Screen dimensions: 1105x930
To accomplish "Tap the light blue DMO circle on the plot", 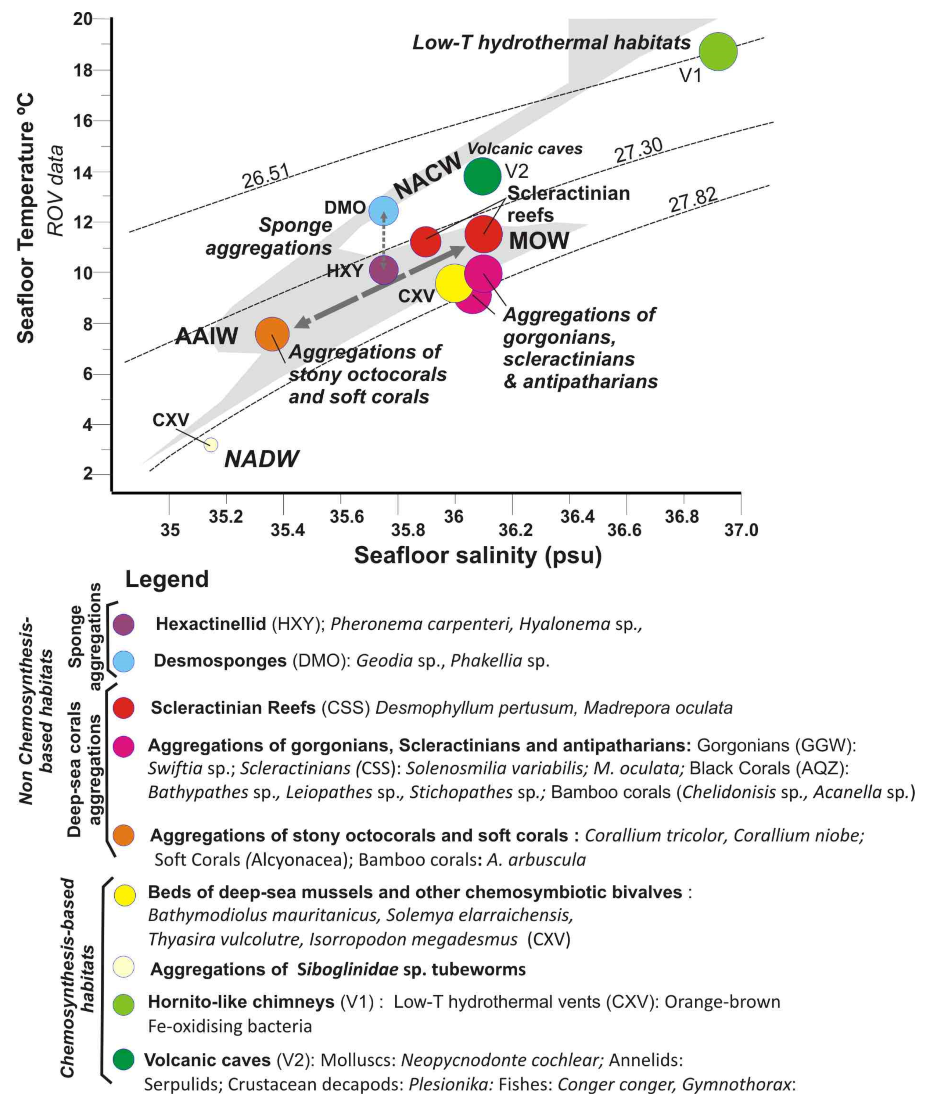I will pos(383,211).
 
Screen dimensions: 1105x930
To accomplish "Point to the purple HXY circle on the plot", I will pos(383,271).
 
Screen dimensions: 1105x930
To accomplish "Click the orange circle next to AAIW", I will pos(272,334).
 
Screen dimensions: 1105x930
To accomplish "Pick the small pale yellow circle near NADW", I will pos(211,445).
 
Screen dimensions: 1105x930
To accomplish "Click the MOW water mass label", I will pos(539,240).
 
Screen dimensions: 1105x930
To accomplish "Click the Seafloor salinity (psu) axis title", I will pos(478,555).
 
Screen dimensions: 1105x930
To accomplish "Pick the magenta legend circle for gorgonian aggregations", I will pos(123,746).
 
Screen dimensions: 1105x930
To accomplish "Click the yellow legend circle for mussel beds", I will pos(125,895).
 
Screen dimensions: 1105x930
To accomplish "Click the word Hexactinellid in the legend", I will pos(211,624).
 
